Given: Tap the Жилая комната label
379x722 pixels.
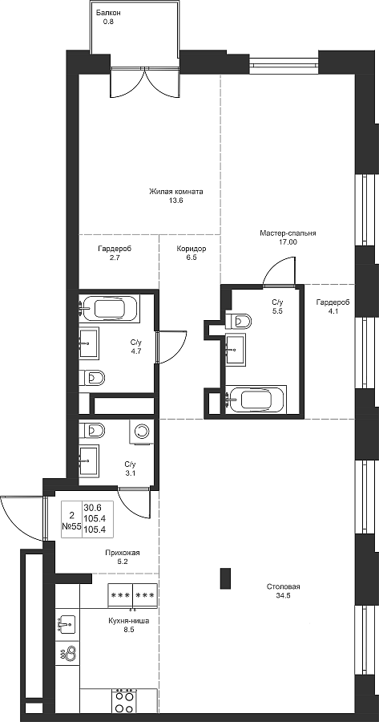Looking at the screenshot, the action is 175,192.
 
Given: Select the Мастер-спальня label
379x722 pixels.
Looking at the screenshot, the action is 288,233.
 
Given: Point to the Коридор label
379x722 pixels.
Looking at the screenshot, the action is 192,249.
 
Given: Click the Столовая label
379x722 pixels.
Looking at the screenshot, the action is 284,586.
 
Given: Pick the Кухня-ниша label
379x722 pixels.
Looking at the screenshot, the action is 129,621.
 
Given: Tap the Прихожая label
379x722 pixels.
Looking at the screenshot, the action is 122,553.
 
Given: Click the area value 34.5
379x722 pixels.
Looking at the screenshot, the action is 284,595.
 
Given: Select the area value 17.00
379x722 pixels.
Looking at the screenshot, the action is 288,241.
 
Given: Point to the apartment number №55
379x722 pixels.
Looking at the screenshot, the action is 72,526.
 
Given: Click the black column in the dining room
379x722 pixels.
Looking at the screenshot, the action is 225,578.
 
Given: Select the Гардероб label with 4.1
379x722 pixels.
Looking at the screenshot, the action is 333,302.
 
